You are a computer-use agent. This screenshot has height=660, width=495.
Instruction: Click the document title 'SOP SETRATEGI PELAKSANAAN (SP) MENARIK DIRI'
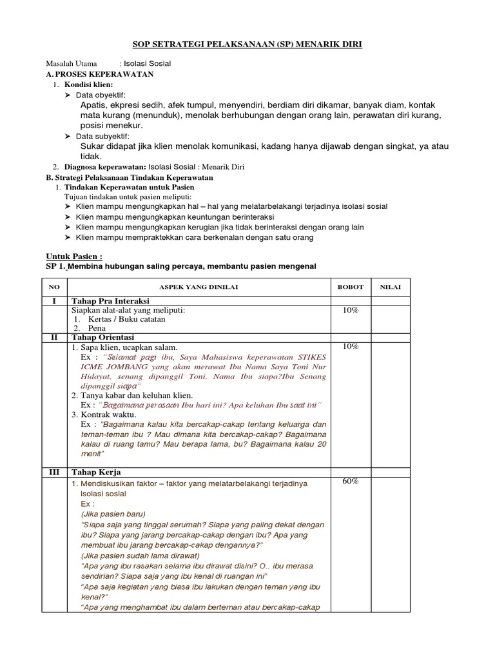coord(247,45)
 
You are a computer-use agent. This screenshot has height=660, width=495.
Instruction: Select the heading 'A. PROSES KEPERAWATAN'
coord(100,75)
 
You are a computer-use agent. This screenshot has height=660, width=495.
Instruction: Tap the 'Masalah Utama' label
coord(72,64)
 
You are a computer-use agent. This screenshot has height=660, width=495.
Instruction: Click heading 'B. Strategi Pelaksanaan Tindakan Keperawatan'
coord(130,177)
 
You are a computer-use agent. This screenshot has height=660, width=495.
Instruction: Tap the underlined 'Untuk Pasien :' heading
coord(75,256)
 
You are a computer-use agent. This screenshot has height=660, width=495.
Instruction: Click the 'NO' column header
coord(54,287)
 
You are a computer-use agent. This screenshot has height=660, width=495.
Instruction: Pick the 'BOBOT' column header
coord(351,287)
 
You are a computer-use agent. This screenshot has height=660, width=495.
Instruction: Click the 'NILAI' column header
coord(390,287)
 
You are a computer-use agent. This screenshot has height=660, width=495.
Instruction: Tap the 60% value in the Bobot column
coord(351,481)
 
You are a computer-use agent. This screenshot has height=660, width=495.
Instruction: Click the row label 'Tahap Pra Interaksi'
coord(110,301)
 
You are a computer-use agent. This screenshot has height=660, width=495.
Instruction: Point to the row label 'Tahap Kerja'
coord(96,472)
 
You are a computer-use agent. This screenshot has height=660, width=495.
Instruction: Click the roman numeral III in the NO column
coord(54,472)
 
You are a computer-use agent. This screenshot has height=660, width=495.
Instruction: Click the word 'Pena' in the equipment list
coord(97,328)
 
